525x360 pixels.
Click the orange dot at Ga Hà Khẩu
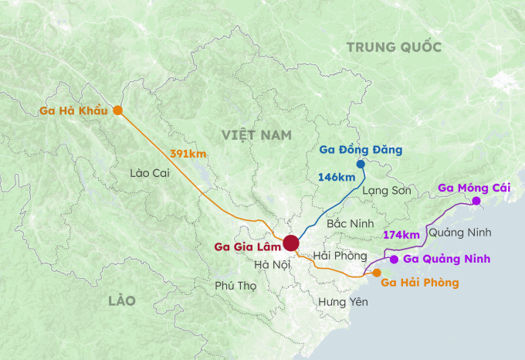click(117, 110)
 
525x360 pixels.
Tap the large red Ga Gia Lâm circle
click(291, 243)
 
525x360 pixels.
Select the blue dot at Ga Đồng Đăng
click(361, 164)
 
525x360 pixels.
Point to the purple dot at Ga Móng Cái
click(476, 201)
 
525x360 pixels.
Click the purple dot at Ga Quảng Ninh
click(394, 259)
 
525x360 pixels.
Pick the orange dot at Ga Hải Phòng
click(377, 273)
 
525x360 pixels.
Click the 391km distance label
click(188, 154)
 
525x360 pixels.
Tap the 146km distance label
click(337, 178)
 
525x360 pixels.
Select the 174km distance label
click(401, 234)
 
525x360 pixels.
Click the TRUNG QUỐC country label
click(394, 48)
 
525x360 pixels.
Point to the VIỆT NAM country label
click(257, 135)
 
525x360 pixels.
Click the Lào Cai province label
click(150, 173)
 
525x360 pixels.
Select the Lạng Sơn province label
click(387, 189)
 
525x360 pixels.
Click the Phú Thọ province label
click(235, 285)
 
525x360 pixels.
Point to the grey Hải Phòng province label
click(340, 256)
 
